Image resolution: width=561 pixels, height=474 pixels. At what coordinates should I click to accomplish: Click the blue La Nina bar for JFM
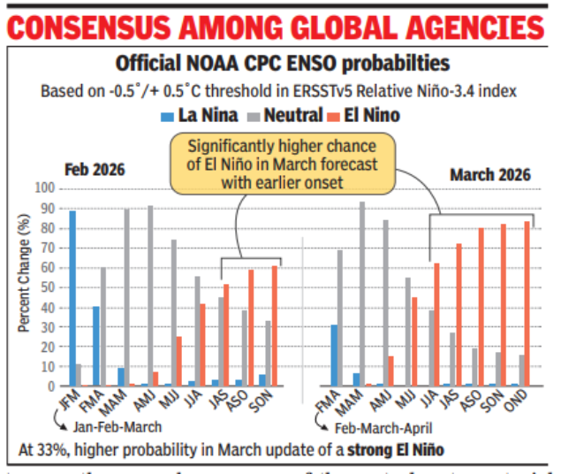[72, 298]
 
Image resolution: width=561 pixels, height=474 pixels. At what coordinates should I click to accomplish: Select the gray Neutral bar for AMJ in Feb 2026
[150, 295]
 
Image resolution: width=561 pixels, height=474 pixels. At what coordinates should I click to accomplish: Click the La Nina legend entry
[192, 116]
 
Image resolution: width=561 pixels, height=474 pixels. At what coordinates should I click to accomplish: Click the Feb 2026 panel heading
[95, 169]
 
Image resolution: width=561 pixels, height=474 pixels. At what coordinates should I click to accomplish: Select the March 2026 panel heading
[490, 174]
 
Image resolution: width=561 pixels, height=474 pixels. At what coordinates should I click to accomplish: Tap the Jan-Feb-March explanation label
[113, 429]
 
